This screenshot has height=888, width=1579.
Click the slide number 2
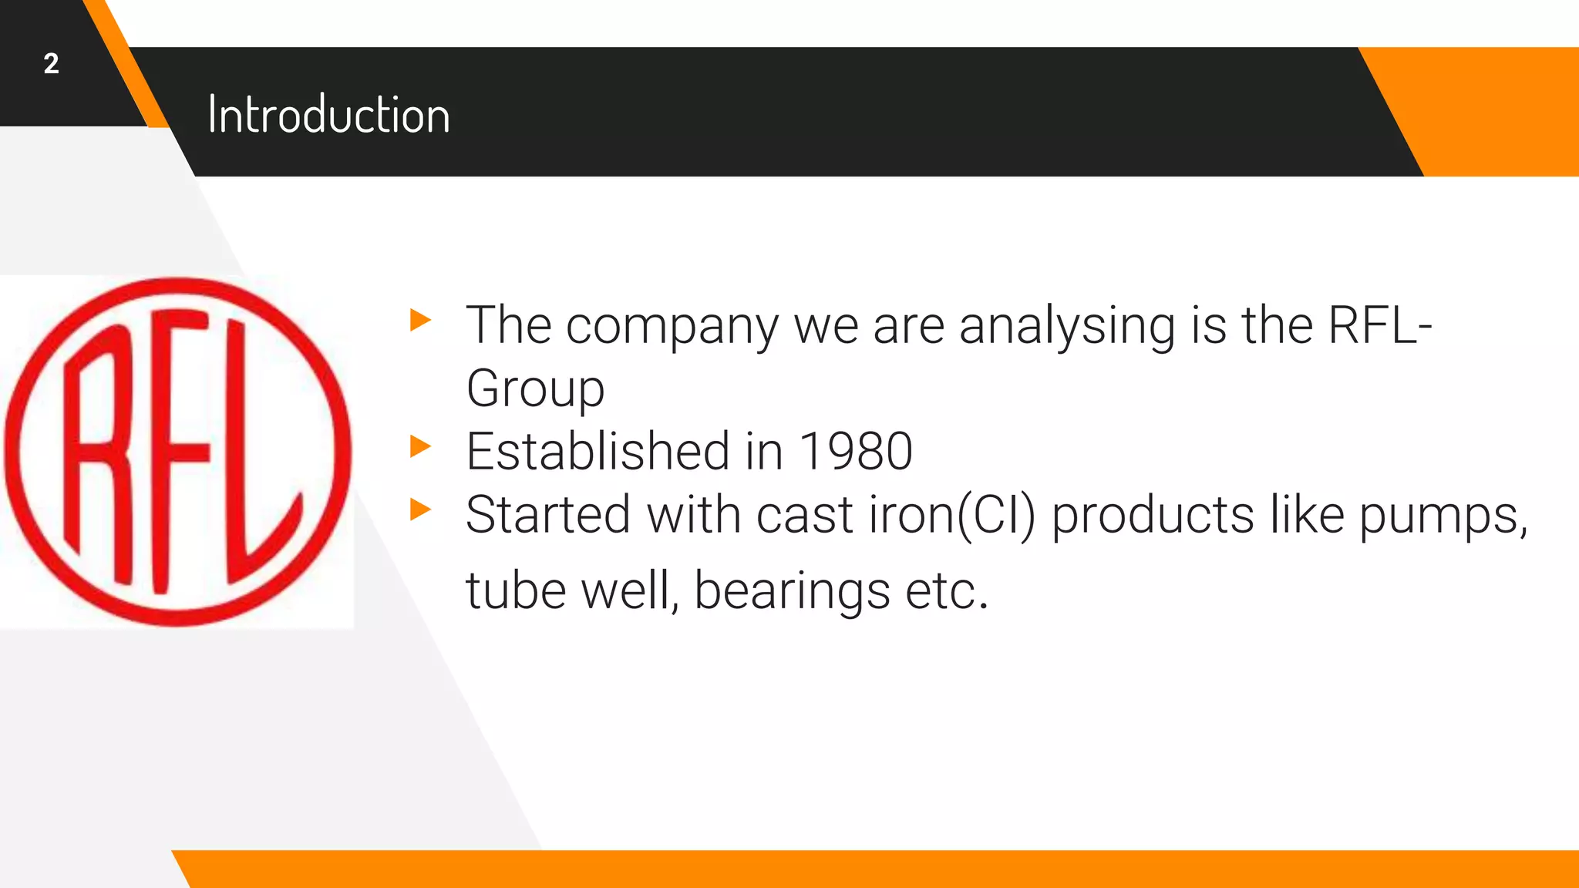[x=51, y=64]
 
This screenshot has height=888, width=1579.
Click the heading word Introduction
[x=328, y=116]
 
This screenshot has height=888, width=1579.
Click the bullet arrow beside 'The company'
[x=420, y=320]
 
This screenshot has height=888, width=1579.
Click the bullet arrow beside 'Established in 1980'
[x=420, y=446]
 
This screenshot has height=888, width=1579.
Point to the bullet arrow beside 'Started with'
[x=420, y=510]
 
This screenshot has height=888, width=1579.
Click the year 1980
[x=856, y=452]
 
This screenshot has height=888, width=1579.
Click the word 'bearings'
[x=792, y=592]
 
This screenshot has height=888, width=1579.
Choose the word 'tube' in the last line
[x=516, y=592]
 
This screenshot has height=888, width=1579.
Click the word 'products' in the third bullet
[x=1153, y=516]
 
